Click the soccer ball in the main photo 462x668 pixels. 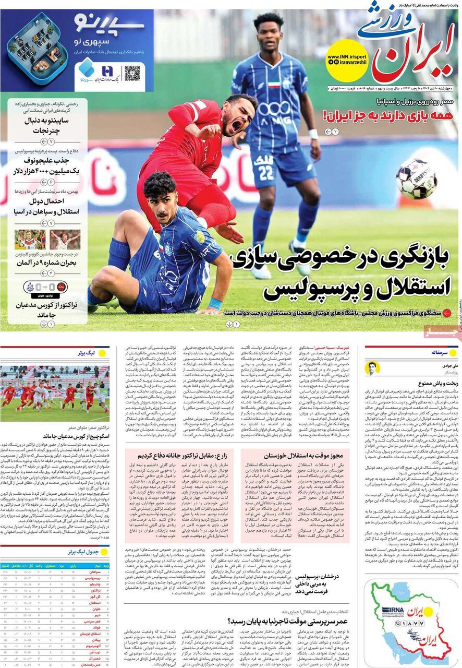coord(416,179)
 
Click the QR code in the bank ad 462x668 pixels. coord(132,73)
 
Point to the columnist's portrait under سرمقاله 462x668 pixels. coord(373,368)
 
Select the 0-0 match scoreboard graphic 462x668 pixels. coord(45,287)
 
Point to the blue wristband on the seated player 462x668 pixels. coord(215,303)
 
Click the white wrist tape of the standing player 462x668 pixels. coord(312,134)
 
